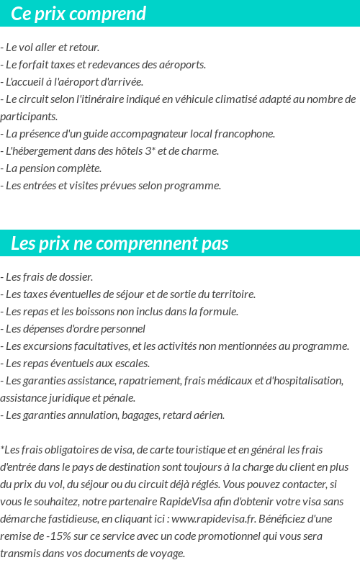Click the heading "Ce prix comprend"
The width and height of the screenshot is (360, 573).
(78, 14)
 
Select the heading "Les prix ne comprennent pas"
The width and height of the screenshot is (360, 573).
(120, 244)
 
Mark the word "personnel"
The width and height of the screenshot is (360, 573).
(122, 329)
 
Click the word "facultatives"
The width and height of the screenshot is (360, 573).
(99, 346)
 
